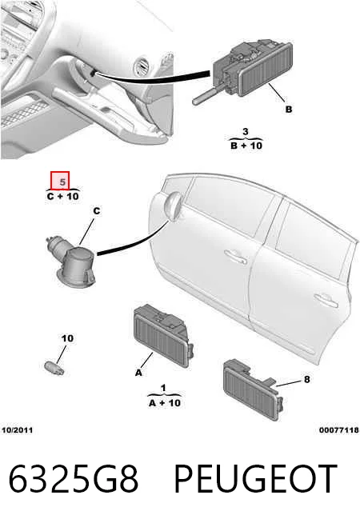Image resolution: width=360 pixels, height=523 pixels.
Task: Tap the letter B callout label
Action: [x=289, y=109]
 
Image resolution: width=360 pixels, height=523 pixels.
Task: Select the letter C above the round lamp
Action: [x=97, y=211]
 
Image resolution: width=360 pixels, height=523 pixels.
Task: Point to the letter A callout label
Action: [x=138, y=373]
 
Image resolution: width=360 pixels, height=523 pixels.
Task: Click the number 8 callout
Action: [x=306, y=379]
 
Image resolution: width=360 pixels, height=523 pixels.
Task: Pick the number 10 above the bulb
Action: [x=67, y=338]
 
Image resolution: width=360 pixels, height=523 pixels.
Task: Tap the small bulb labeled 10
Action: [x=54, y=367]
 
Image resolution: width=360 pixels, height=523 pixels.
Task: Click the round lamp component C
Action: [x=72, y=260]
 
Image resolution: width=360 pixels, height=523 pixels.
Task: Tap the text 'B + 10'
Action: [x=246, y=146]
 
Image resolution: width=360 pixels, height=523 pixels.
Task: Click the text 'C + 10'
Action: [x=62, y=196]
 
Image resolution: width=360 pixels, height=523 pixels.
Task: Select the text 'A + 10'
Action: [x=165, y=403]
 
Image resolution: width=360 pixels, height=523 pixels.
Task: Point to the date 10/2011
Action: [x=18, y=430]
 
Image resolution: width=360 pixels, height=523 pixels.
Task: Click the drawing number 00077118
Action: [x=339, y=430]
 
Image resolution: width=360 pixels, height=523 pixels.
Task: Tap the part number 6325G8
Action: [x=73, y=479]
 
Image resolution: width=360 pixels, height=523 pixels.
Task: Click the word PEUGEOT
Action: [x=255, y=479]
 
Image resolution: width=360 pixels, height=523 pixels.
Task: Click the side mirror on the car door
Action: [x=173, y=207]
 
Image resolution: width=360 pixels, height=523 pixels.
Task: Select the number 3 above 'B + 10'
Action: [x=246, y=132]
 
